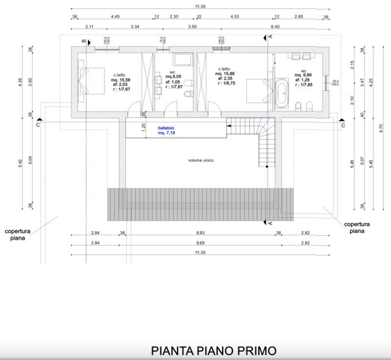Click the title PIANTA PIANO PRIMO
[x=214, y=350]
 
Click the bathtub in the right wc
[x=283, y=92]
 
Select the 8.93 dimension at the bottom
[x=200, y=233]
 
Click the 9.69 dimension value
[x=200, y=243]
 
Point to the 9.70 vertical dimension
[x=381, y=128]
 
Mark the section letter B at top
[x=83, y=41]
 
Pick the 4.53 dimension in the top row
[x=234, y=17]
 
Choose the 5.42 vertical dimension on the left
[x=20, y=163]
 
